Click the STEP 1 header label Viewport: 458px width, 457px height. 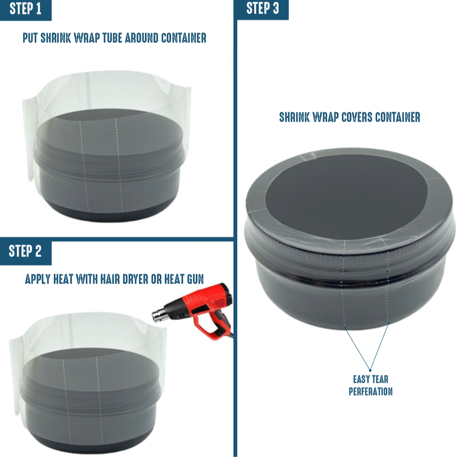click(25, 9)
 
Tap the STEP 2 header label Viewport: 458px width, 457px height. click(25, 251)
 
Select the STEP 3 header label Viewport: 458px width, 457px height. click(263, 8)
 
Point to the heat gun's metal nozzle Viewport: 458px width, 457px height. click(158, 316)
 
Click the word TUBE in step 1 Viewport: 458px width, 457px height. click(112, 38)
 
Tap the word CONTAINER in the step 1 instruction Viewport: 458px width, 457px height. click(184, 38)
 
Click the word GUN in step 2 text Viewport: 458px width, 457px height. click(195, 279)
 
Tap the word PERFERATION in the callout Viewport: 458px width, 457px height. click(371, 392)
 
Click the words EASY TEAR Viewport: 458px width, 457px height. click(371, 379)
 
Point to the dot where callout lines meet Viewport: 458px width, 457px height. click(370, 370)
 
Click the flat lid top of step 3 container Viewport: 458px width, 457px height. click(347, 196)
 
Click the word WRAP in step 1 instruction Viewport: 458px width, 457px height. click(86, 38)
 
